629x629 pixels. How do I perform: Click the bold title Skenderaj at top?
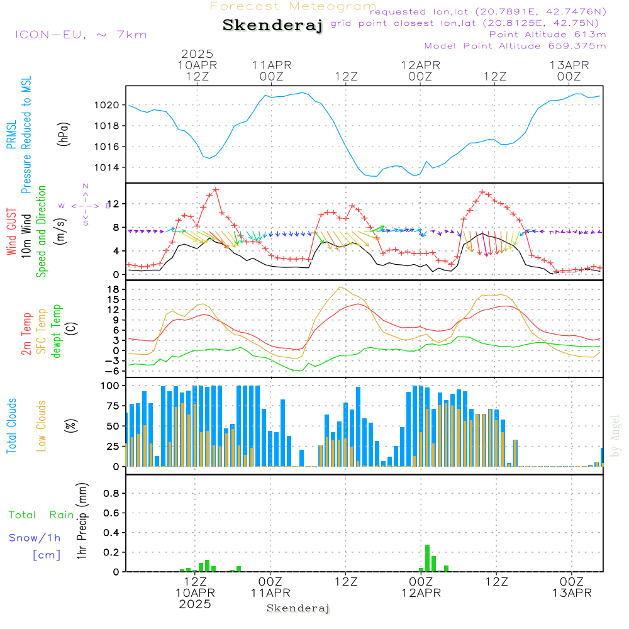click(x=272, y=25)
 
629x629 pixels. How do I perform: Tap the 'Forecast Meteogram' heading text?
click(x=293, y=6)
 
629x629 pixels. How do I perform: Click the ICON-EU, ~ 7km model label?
click(x=81, y=35)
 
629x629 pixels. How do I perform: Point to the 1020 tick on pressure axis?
click(x=108, y=105)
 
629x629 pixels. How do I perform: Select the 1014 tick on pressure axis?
click(x=108, y=167)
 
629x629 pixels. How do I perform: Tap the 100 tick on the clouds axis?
click(x=111, y=386)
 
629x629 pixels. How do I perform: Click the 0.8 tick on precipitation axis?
click(x=111, y=494)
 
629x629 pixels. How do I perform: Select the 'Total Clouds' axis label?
click(x=12, y=426)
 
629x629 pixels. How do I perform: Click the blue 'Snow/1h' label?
click(x=35, y=538)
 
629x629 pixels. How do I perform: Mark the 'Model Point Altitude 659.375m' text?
click(x=515, y=46)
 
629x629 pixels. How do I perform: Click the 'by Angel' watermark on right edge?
click(x=615, y=436)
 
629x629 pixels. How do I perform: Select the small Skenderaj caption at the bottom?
click(x=298, y=608)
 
